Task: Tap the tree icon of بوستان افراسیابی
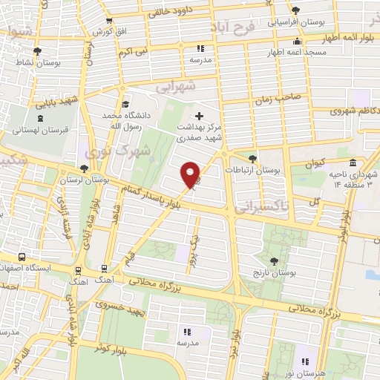(x=295, y=10)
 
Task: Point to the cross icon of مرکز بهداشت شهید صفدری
(x=198, y=116)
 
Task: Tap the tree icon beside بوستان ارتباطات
(x=252, y=159)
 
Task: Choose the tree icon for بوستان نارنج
(x=275, y=261)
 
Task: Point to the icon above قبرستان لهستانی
(x=37, y=117)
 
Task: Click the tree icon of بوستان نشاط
(x=38, y=51)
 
